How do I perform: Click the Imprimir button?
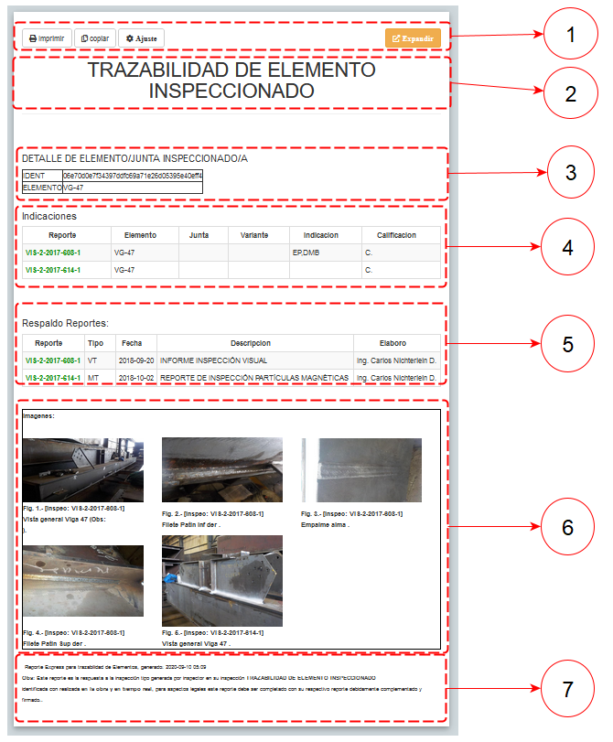46,39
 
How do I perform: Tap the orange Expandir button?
413,38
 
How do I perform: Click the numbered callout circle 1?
571,36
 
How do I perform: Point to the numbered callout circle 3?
571,172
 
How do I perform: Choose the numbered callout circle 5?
567,344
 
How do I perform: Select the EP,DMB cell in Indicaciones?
306,253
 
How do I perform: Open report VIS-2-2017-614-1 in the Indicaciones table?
53,270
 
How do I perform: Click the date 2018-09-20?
135,361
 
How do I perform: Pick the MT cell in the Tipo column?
92,378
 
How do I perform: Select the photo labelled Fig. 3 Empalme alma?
361,470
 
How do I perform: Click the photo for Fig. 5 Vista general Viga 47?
221,579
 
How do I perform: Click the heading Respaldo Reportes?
65,323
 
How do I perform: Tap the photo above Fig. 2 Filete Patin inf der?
221,470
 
